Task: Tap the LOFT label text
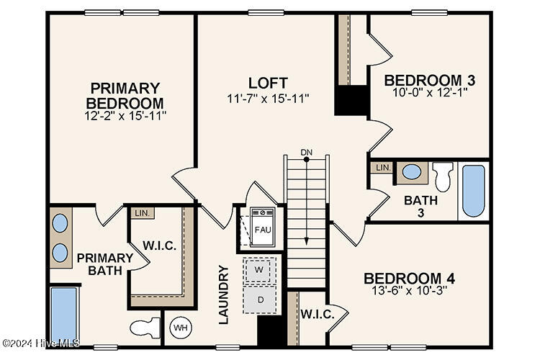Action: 268,82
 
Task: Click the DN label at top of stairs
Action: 307,152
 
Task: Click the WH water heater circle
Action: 180,328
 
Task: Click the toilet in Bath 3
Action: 443,176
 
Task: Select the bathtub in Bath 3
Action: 473,190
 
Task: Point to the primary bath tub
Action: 64,315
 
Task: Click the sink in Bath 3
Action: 412,172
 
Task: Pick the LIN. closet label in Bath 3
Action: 382,168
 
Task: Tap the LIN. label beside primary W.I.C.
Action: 141,213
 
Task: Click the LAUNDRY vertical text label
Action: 223,294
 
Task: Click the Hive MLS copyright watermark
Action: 41,343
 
